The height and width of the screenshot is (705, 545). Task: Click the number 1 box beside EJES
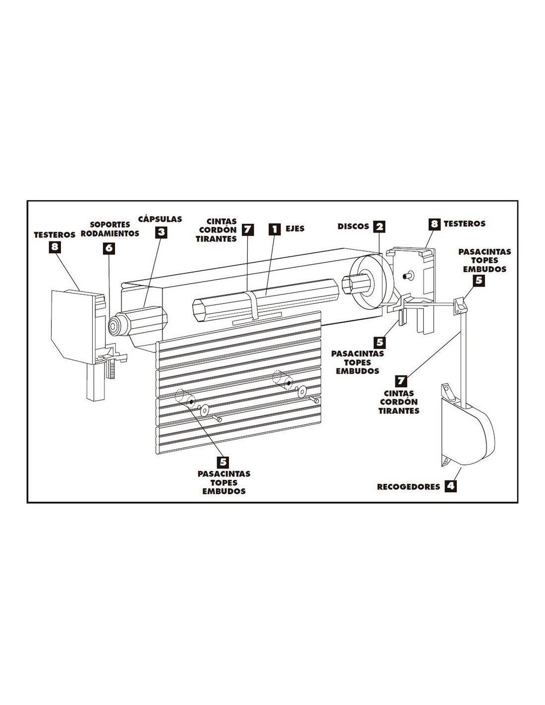pos(274,229)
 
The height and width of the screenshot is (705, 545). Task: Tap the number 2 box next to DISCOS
pos(379,226)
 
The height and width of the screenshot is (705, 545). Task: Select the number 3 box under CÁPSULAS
pos(161,232)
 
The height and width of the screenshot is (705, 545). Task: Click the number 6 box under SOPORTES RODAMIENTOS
pos(109,248)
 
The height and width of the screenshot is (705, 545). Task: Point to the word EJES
pos(295,229)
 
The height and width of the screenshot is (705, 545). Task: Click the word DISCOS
pos(353,226)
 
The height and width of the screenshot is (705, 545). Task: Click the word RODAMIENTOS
pos(110,234)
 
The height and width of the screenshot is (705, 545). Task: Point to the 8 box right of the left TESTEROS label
pos(54,247)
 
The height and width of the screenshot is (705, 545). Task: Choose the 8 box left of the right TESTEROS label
pos(435,224)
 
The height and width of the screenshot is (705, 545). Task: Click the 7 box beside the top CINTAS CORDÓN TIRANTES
pos(248,229)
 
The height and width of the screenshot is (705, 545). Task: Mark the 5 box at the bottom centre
pos(223,463)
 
